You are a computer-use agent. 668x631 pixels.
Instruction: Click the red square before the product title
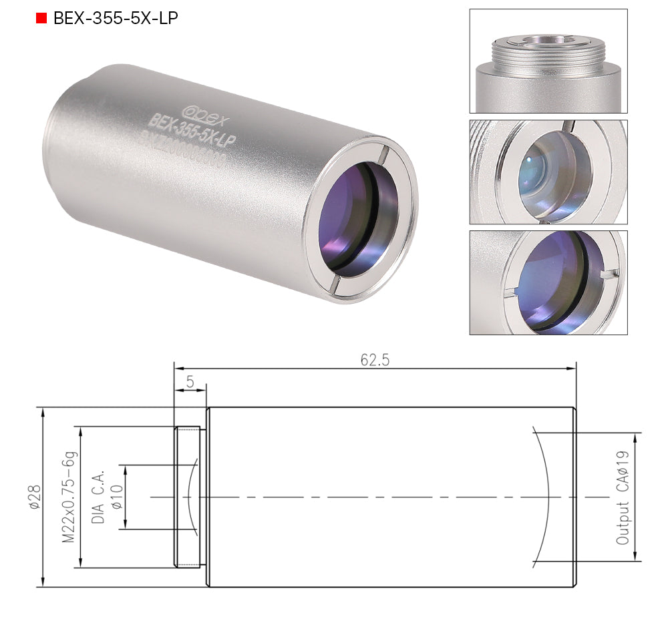(x=41, y=18)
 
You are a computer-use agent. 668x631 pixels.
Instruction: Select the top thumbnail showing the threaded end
(x=548, y=61)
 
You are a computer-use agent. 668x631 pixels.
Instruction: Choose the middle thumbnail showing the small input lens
(x=548, y=172)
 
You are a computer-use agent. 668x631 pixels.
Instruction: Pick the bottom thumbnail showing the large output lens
(x=548, y=282)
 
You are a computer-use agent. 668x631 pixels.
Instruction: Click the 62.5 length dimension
(x=375, y=360)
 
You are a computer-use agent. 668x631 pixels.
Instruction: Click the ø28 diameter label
(x=34, y=497)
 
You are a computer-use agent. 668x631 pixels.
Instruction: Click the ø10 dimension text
(x=116, y=497)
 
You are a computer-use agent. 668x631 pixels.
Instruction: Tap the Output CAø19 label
(x=623, y=497)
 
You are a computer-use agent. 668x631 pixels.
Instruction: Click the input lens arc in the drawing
(x=190, y=497)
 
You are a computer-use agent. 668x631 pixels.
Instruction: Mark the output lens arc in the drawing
(x=545, y=497)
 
